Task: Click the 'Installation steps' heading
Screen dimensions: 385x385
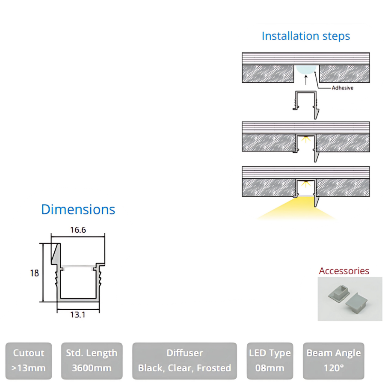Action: pyautogui.click(x=305, y=36)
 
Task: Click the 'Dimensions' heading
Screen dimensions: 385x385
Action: pyautogui.click(x=78, y=210)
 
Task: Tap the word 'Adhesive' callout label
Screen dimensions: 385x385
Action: pyautogui.click(x=343, y=88)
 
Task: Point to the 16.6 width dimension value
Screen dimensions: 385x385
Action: pyautogui.click(x=78, y=230)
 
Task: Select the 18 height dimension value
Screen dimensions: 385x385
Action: pyautogui.click(x=34, y=272)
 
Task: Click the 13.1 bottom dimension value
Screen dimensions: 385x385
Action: pyautogui.click(x=78, y=315)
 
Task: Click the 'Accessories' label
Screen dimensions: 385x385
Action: pyautogui.click(x=344, y=271)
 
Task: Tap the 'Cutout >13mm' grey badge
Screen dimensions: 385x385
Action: pyautogui.click(x=29, y=361)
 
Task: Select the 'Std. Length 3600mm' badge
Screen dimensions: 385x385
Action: pyautogui.click(x=92, y=361)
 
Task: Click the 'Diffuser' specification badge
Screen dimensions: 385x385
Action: pyautogui.click(x=184, y=361)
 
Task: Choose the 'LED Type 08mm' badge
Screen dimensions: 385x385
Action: pyautogui.click(x=270, y=361)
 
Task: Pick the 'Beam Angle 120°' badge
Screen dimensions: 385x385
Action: pyautogui.click(x=334, y=361)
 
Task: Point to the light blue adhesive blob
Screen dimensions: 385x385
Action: pyautogui.click(x=306, y=69)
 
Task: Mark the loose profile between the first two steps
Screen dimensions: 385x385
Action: pyautogui.click(x=306, y=103)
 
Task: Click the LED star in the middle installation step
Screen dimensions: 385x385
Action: pyautogui.click(x=305, y=139)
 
